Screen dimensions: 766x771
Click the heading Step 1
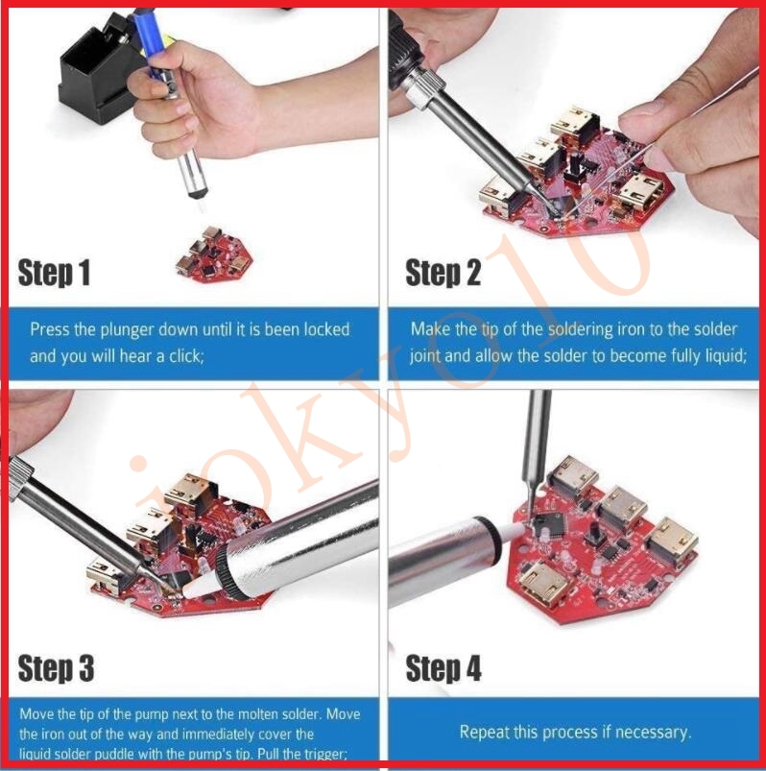[x=54, y=273]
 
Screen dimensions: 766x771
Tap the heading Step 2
[x=443, y=273]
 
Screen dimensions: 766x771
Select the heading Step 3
[x=56, y=668]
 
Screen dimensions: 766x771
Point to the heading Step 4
[x=443, y=668]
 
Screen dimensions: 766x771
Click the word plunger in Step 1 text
[x=128, y=330]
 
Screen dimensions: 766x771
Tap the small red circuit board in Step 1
[x=214, y=254]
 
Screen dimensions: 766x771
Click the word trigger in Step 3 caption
[x=327, y=754]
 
